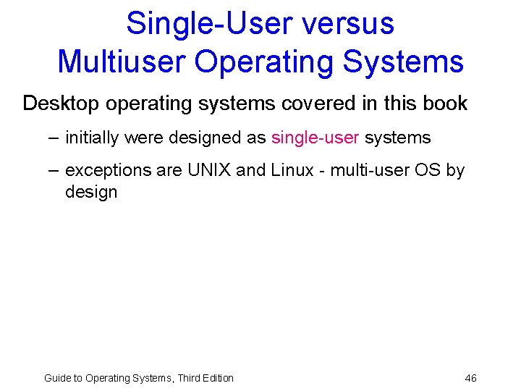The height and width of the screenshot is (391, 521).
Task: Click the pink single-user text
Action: coord(315,138)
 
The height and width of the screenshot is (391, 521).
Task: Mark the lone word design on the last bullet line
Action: coord(90,192)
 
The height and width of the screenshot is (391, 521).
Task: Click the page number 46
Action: coord(470,378)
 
